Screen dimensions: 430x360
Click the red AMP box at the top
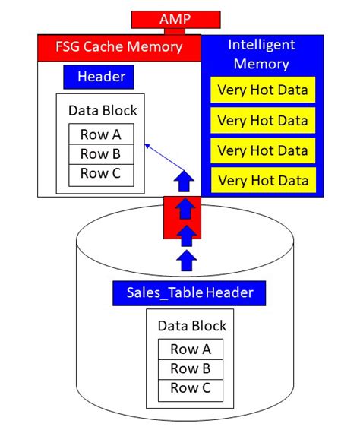coord(175,19)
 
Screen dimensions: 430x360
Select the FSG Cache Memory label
coord(118,47)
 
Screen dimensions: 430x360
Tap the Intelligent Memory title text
coord(262,54)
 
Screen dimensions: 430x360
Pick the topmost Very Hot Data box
coord(262,90)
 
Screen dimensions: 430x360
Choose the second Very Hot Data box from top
coord(262,120)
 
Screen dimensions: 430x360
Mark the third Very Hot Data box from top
coord(262,150)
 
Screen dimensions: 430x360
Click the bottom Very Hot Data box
coord(262,180)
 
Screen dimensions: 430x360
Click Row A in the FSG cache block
coord(101,134)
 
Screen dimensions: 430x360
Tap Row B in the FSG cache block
coord(101,154)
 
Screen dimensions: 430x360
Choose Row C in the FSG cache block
coord(101,174)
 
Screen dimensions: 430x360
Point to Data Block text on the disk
coord(191,326)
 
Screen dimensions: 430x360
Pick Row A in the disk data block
coord(191,350)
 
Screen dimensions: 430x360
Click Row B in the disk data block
coord(191,370)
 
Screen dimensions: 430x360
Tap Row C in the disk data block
coord(191,390)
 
